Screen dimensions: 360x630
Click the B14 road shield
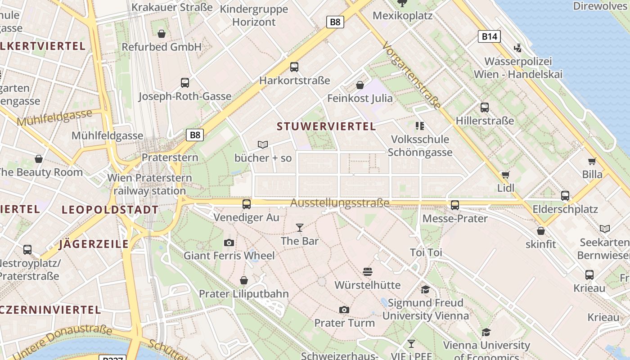coord(489,36)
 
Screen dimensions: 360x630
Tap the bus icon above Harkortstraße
coord(294,67)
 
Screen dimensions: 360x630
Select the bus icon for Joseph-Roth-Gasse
coord(185,82)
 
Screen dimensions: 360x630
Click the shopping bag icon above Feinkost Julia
coord(360,85)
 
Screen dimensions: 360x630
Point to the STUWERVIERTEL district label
coord(326,126)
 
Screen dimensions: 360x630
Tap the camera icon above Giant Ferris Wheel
coord(229,243)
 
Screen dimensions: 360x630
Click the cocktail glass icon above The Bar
coord(300,228)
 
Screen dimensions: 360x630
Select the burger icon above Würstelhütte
coord(368,271)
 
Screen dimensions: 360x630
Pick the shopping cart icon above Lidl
coord(506,174)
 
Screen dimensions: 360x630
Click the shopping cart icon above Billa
coord(592,161)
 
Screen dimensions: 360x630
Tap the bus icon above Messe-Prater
coord(455,205)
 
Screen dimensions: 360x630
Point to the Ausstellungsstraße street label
coord(340,203)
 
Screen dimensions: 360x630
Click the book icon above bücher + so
coord(263,144)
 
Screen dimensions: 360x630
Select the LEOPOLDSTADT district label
coord(110,210)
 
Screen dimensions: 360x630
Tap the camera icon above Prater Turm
coord(344,310)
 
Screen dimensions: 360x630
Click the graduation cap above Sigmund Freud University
coord(425,289)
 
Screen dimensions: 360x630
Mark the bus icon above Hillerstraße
coord(485,108)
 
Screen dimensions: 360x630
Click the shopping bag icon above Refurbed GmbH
coord(162,34)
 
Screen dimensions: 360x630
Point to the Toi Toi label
coord(426,252)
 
